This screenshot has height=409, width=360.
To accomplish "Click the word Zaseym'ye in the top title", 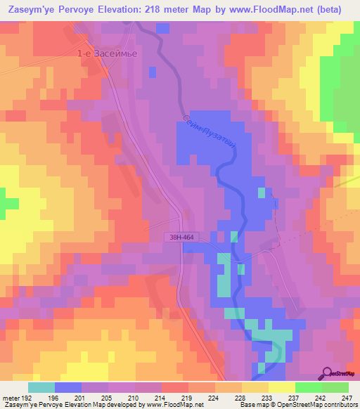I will click(32, 9).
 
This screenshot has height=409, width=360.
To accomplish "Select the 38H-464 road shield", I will click(181, 238).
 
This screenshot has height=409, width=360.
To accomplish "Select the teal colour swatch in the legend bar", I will click(41, 388).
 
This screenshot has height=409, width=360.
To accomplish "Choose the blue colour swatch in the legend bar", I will click(68, 388).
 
